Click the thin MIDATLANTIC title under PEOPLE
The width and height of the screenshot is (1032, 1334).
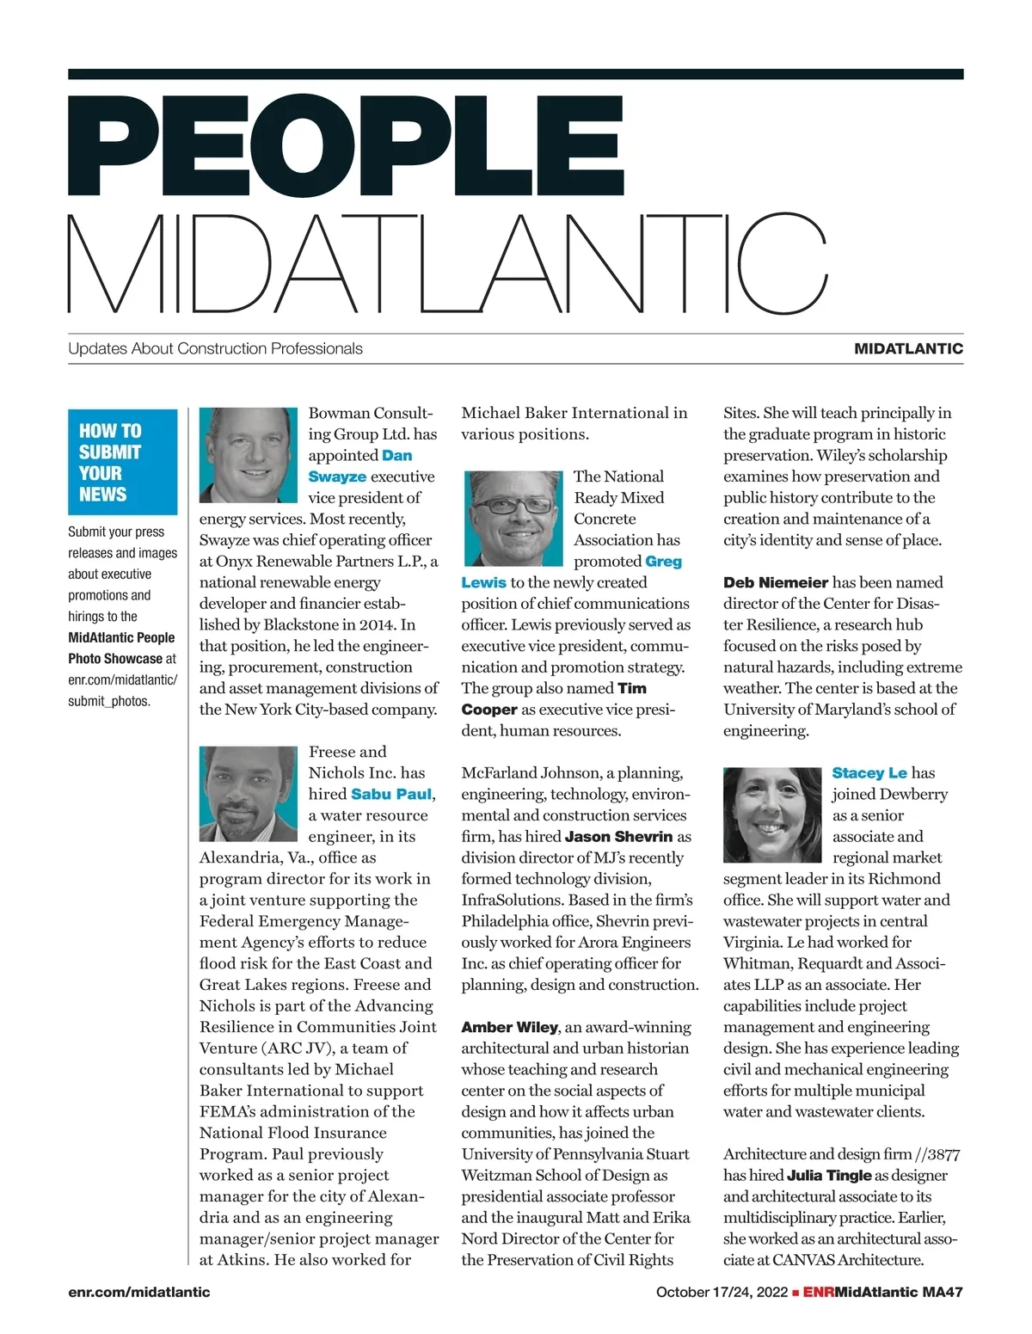pos(447,264)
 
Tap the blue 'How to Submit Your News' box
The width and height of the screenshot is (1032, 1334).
pos(122,462)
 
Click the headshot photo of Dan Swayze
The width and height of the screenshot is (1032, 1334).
pos(249,455)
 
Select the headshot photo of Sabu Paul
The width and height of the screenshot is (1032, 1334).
pos(249,793)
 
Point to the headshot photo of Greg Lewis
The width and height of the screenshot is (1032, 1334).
pos(513,519)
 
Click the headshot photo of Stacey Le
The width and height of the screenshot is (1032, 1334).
pos(772,814)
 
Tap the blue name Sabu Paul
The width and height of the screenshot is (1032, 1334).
pos(391,794)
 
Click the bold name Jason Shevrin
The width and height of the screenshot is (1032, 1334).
pos(619,836)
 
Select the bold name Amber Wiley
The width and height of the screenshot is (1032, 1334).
pos(510,1027)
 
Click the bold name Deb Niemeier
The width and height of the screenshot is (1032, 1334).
pos(776,582)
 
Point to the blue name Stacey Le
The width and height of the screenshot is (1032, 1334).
pos(869,772)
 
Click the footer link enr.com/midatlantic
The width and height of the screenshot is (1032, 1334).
pos(138,1292)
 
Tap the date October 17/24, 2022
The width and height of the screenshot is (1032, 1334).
pos(722,1292)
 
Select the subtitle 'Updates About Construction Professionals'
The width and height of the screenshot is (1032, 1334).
pos(215,348)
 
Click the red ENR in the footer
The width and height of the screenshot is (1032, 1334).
pos(819,1292)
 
